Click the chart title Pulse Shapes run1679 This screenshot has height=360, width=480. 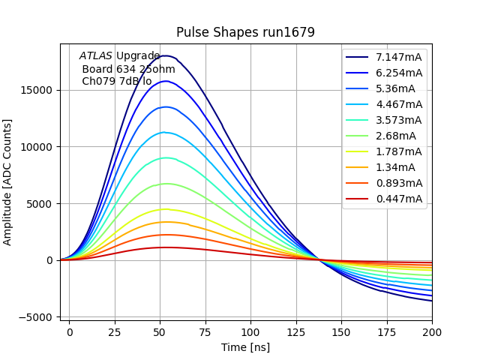pos(245,32)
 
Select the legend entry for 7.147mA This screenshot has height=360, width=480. pos(398,57)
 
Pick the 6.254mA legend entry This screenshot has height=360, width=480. pos(398,73)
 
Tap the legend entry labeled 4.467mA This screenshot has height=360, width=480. pos(398,104)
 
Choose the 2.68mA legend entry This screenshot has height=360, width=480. pos(395,136)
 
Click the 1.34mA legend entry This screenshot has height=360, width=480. pos(395,167)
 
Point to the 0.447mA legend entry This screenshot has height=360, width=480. pos(398,199)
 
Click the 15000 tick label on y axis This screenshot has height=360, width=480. pos(37,90)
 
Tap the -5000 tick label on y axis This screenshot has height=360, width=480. pos(36,317)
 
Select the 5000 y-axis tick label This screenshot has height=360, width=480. pos(40,204)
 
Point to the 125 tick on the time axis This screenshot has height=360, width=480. pos(296,331)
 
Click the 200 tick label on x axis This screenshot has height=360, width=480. pos(432,331)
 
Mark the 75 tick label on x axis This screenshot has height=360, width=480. pos(205,331)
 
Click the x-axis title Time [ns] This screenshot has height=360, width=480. pos(245,347)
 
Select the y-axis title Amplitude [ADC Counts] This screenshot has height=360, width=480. pos(8,181)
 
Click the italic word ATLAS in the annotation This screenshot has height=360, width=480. pos(95,55)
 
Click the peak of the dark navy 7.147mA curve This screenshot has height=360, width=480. pos(167,55)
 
